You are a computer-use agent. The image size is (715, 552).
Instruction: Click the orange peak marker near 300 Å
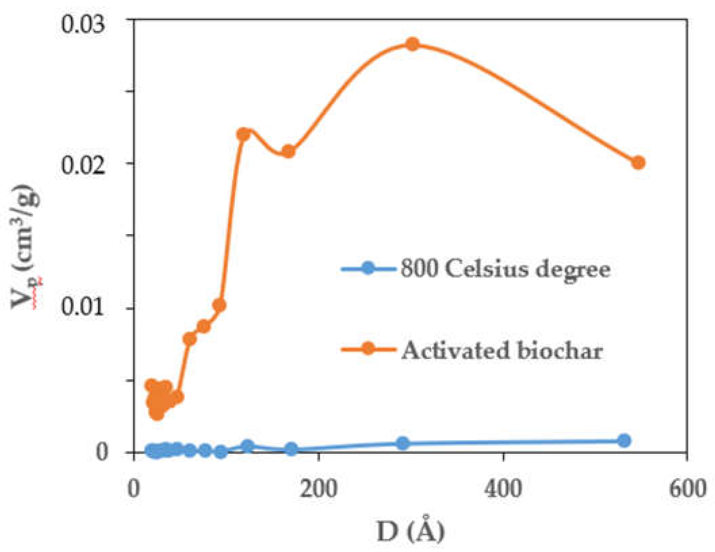[x=412, y=44]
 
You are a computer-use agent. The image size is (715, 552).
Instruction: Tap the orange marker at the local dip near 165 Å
[x=288, y=151]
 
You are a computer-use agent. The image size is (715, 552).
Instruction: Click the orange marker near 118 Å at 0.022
[x=243, y=134]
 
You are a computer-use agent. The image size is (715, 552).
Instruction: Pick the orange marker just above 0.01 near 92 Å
[x=220, y=305]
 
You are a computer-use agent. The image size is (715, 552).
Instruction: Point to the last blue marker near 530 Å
[x=624, y=440]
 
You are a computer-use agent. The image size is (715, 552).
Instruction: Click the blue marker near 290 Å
[x=403, y=443]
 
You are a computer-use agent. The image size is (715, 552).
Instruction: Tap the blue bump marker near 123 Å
[x=248, y=446]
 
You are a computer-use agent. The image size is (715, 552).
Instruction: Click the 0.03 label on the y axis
[x=82, y=25]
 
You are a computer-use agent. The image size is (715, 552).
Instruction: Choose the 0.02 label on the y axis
[x=82, y=166]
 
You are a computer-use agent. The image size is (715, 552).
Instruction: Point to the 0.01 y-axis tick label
[x=82, y=307]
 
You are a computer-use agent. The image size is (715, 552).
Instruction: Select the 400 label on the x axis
[x=503, y=489]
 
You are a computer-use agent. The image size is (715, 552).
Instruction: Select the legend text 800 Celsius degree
[x=506, y=270]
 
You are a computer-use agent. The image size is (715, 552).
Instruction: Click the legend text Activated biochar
[x=502, y=351]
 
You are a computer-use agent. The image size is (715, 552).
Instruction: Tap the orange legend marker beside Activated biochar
[x=368, y=348]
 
